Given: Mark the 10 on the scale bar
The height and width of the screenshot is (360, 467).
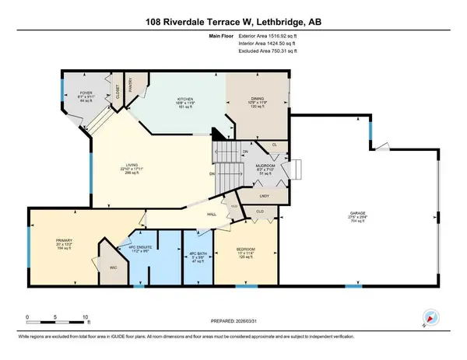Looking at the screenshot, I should (84, 318).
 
